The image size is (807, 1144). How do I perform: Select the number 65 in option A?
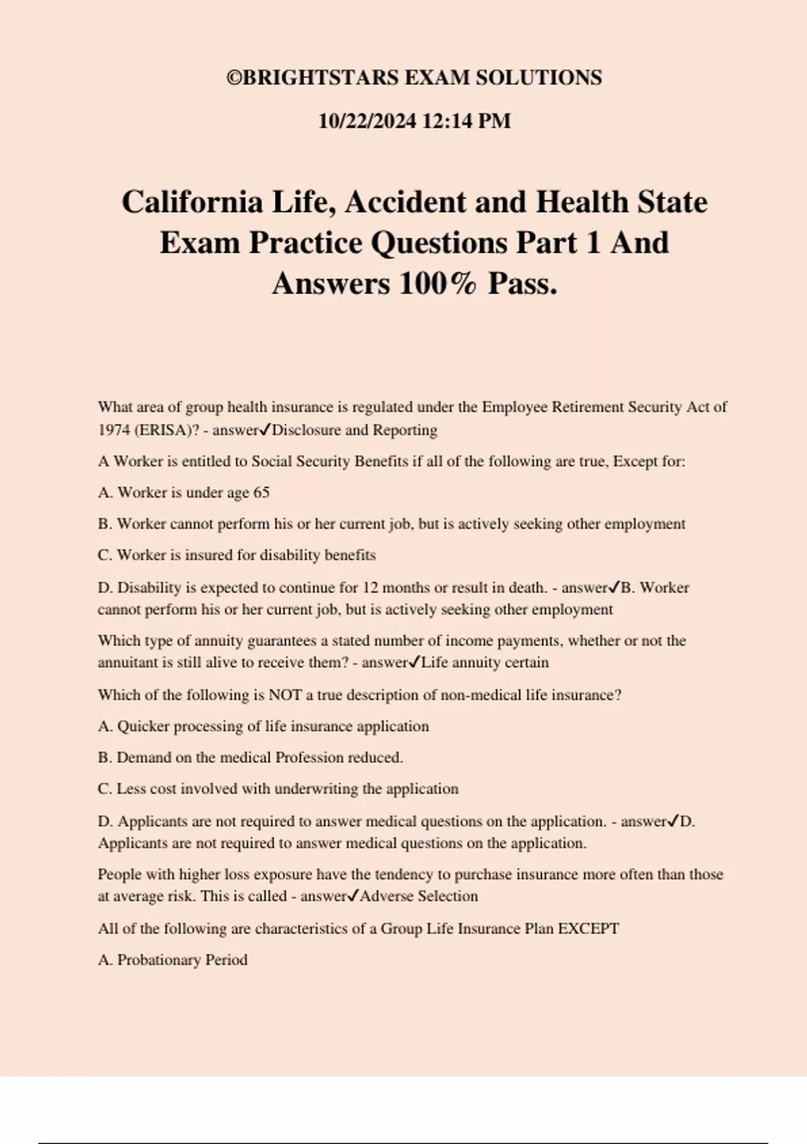[261, 493]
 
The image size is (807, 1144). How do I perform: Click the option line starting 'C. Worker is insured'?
[237, 555]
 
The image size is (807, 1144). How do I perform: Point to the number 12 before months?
[371, 587]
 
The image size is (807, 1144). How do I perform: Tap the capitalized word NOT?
[285, 695]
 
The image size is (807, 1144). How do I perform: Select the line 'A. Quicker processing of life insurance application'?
[263, 726]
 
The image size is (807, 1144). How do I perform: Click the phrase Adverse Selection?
[418, 896]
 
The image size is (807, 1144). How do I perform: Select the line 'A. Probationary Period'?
[173, 960]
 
